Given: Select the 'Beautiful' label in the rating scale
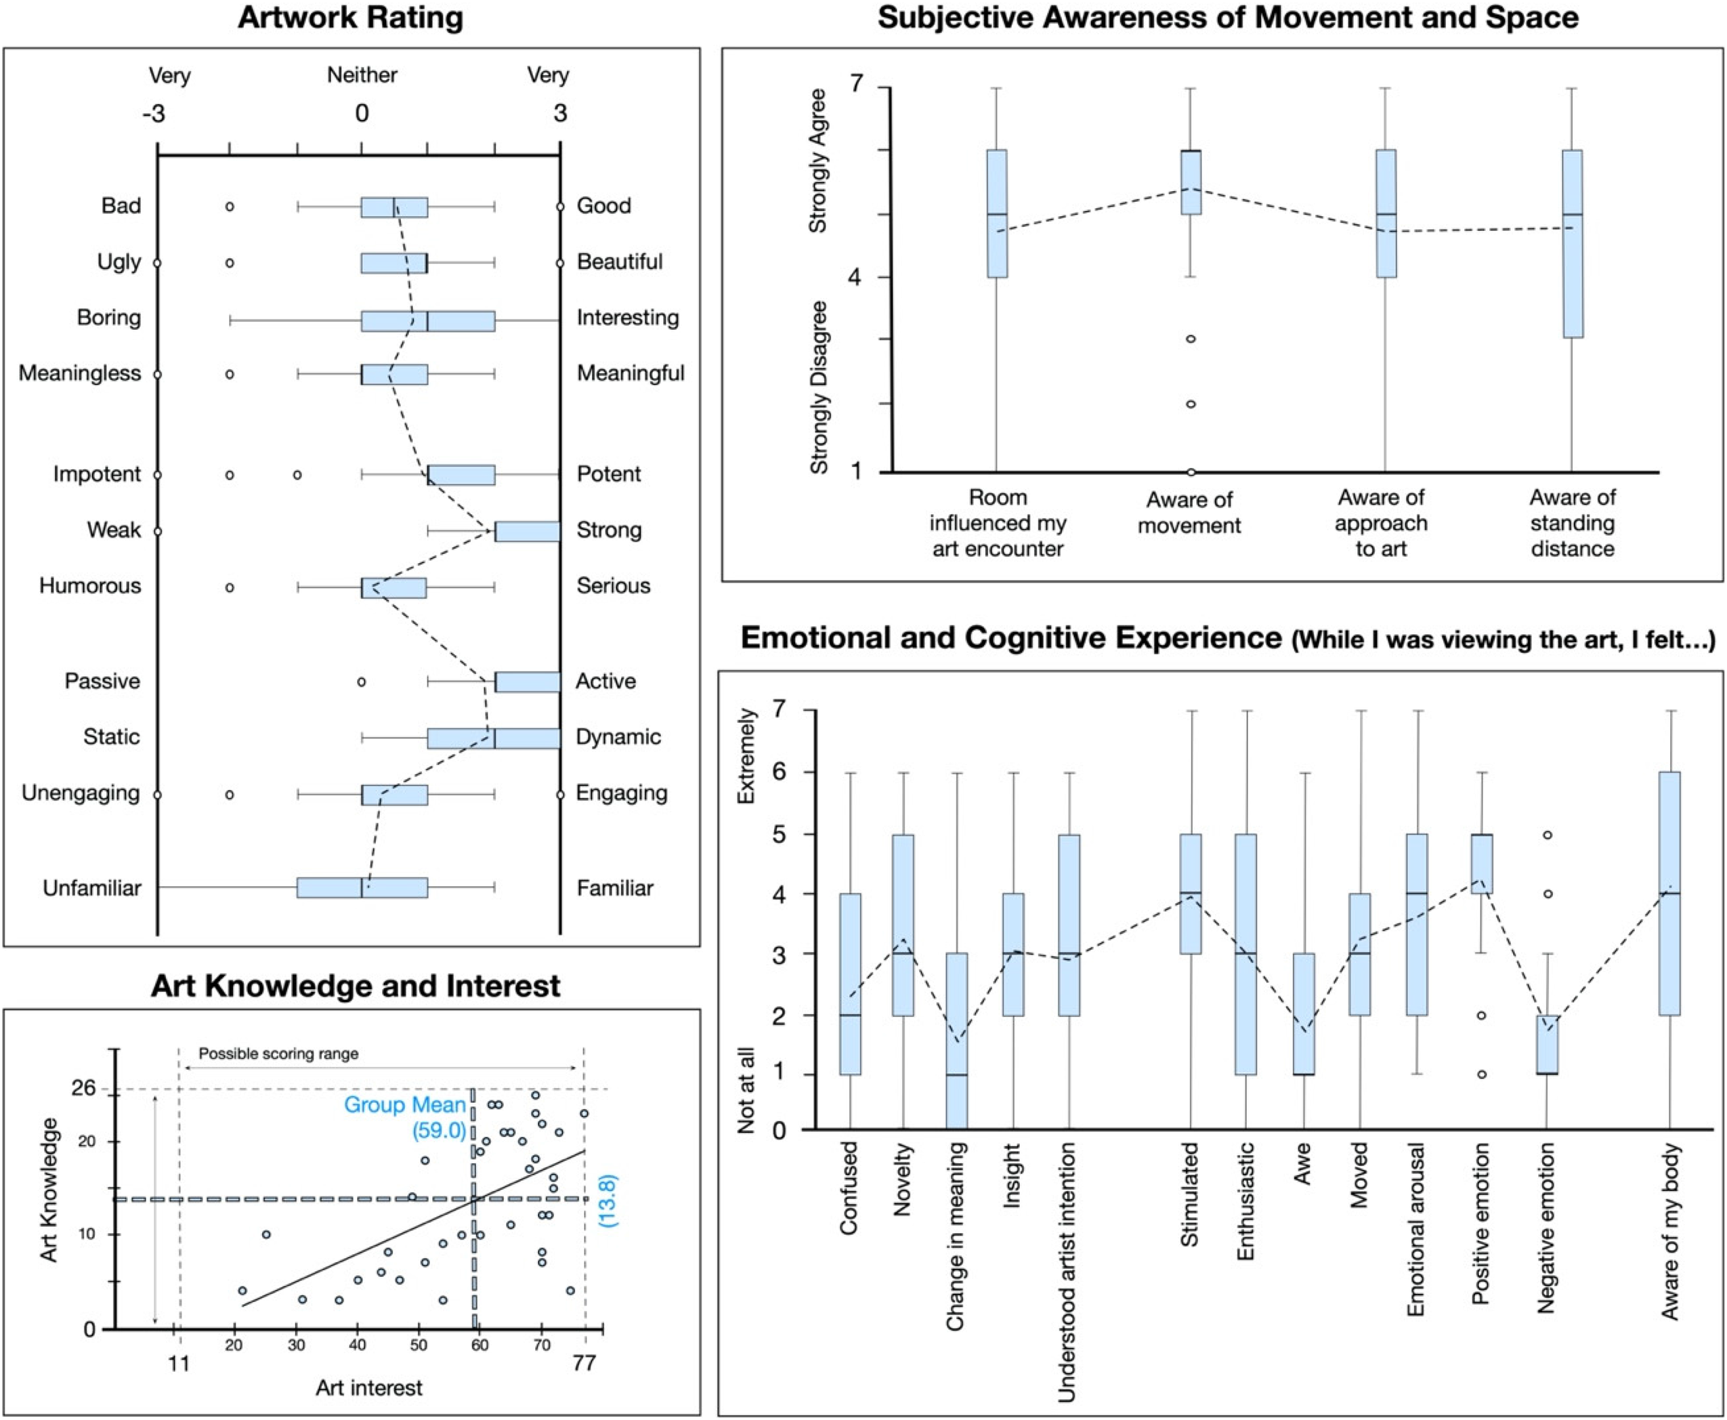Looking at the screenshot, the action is pos(619,262).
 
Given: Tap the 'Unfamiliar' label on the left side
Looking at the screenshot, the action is pos(91,888).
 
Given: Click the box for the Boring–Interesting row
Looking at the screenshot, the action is pos(427,321).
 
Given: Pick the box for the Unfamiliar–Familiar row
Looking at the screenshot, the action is pos(362,888).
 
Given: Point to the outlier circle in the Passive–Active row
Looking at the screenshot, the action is pos(362,682).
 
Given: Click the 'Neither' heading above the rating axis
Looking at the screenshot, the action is pos(362,75).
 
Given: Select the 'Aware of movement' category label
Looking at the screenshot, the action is pos(1189,513).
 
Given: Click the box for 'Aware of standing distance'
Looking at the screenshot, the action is pos(1573,244).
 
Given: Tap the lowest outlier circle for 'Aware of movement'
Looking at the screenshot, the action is pos(1191,472).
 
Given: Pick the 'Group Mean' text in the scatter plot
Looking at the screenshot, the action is pos(405,1105).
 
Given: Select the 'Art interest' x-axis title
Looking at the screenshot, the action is pos(369,1388).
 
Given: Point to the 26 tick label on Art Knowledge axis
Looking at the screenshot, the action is pos(83,1088).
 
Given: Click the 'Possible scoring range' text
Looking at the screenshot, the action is pos(279,1053).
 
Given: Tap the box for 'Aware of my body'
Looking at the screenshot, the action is pos(1669,893).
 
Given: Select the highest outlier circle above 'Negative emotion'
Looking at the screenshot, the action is pos(1547,835).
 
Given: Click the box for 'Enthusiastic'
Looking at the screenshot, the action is pos(1246,955).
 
